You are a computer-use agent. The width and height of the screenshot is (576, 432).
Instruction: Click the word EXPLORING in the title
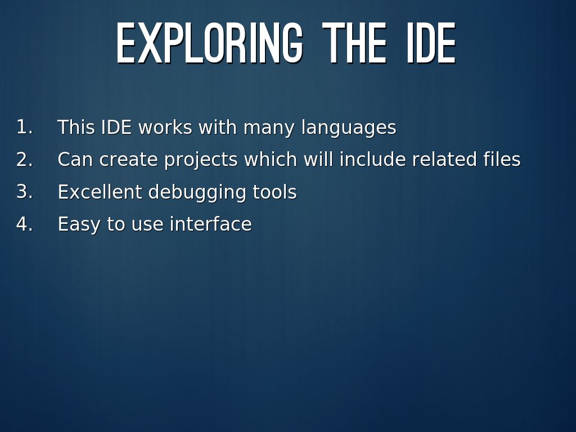click(210, 43)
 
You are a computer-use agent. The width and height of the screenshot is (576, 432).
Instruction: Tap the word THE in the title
click(354, 43)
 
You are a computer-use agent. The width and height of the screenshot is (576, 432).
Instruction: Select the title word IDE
click(431, 43)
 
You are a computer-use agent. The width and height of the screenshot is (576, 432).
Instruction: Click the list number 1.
click(25, 127)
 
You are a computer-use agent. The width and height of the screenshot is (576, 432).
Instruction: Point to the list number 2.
click(25, 159)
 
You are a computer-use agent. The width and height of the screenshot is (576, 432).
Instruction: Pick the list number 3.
click(25, 192)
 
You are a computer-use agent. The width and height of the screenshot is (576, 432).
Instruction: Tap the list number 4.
click(25, 224)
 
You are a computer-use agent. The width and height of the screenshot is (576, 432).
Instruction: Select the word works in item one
click(165, 127)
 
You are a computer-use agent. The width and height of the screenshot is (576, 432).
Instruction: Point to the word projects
click(201, 161)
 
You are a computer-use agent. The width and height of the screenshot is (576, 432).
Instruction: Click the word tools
click(274, 192)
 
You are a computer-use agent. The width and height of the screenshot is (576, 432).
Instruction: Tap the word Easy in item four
click(79, 225)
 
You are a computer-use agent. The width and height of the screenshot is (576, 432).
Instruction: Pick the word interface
click(211, 224)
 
